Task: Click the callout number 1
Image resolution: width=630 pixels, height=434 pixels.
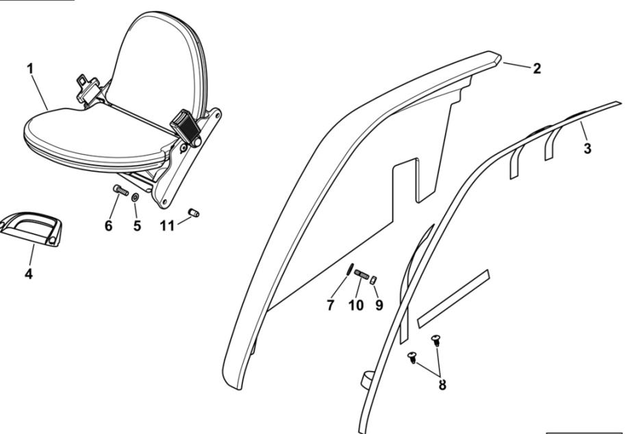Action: (29, 68)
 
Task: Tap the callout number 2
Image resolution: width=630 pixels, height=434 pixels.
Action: (537, 68)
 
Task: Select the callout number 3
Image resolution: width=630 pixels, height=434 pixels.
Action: (588, 149)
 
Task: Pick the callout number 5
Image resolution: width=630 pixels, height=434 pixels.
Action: (137, 226)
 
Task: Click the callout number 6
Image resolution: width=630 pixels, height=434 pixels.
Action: (108, 226)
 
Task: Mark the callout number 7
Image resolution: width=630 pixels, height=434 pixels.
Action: (331, 305)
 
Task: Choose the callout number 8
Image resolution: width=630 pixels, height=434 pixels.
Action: (442, 385)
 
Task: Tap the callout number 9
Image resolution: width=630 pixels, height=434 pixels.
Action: (379, 305)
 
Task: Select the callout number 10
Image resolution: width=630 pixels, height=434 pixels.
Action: (355, 305)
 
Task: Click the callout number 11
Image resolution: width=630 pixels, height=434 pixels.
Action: (167, 226)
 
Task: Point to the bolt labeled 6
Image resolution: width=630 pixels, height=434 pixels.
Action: (121, 190)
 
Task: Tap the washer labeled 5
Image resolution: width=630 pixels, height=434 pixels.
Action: (136, 197)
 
